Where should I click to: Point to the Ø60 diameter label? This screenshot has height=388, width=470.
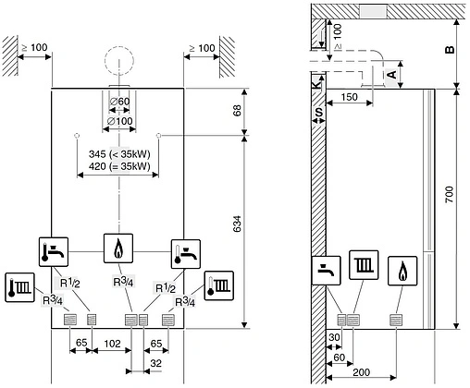pyautogui.click(x=118, y=103)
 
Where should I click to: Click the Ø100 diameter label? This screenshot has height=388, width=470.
pyautogui.click(x=118, y=120)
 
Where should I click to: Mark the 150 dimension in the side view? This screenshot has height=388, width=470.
pyautogui.click(x=349, y=96)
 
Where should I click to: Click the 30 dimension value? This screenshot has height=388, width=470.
pyautogui.click(x=334, y=339)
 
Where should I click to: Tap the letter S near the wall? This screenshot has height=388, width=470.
pyautogui.click(x=318, y=112)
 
